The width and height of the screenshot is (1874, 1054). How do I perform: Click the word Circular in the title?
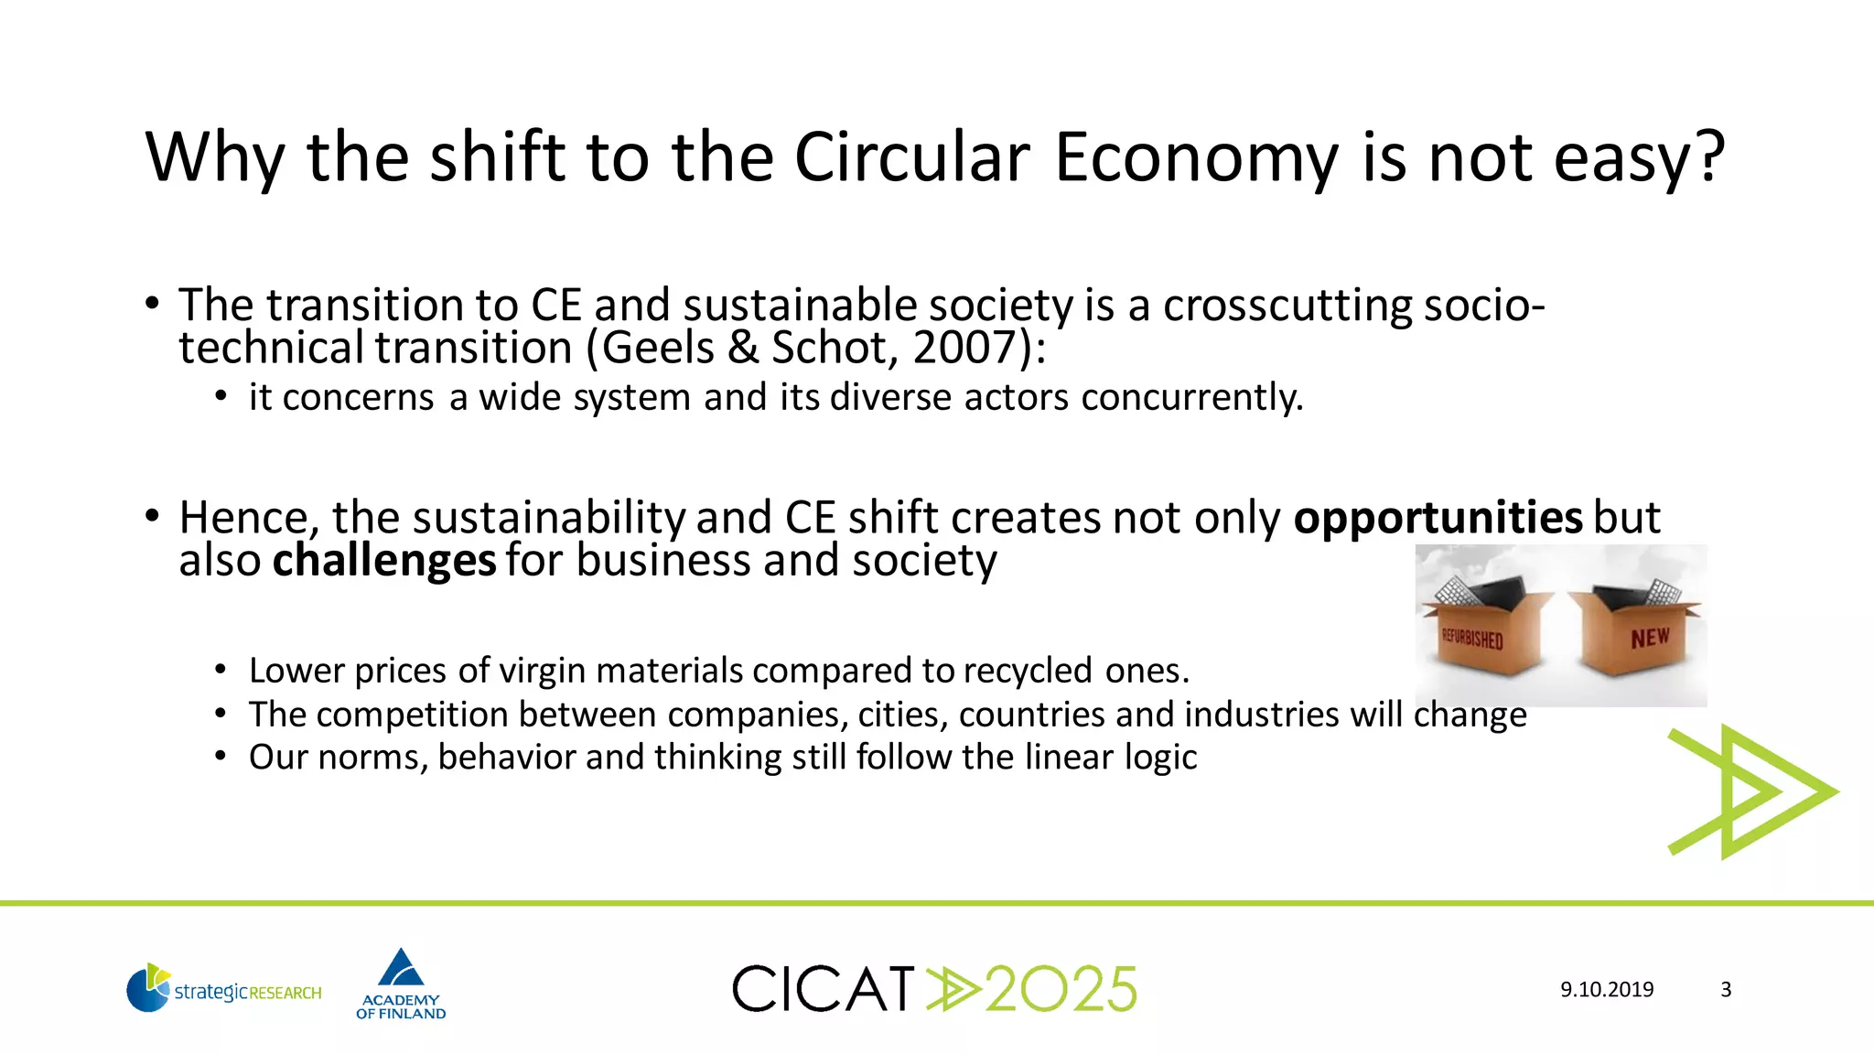pyautogui.click(x=911, y=157)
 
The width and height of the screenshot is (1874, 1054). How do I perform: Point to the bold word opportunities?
pyautogui.click(x=1438, y=518)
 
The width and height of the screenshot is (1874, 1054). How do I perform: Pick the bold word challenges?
pyautogui.click(x=384, y=561)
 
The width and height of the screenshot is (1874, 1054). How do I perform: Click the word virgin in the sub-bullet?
pyautogui.click(x=540, y=671)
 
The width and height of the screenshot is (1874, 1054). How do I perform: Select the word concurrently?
pyautogui.click(x=1191, y=397)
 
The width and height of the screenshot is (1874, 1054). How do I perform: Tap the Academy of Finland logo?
pyautogui.click(x=401, y=984)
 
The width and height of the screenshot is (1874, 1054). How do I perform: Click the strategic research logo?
pyautogui.click(x=224, y=989)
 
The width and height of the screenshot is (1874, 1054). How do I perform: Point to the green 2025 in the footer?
pyautogui.click(x=1061, y=989)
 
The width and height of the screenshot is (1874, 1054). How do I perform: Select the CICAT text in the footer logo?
pyautogui.click(x=824, y=989)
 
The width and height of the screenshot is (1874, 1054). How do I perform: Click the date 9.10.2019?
pyautogui.click(x=1607, y=990)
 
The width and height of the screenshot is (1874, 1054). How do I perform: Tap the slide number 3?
pyautogui.click(x=1726, y=990)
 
